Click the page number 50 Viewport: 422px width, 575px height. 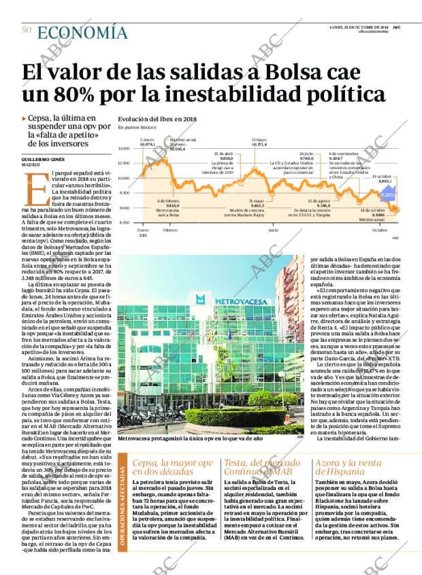tap(27, 29)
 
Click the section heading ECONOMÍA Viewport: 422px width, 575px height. tap(82, 32)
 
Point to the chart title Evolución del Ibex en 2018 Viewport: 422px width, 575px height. tap(157, 118)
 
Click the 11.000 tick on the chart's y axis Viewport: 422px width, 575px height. tap(124, 148)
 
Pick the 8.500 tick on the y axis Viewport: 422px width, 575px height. tap(124, 223)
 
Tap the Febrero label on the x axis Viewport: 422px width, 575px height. tap(170, 230)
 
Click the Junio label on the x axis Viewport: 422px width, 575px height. tap(273, 230)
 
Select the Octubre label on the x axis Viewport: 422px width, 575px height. tap(379, 230)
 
